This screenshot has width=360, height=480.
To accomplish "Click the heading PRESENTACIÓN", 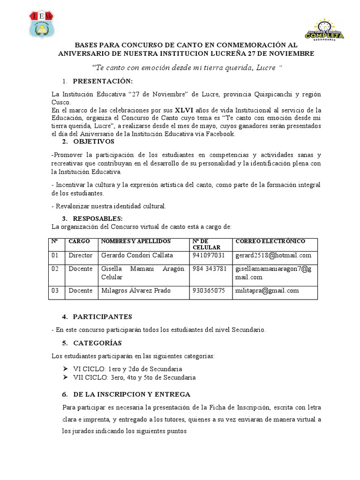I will (103, 81).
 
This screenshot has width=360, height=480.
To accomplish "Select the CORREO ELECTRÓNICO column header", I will (270, 241).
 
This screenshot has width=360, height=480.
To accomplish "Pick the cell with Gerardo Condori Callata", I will (137, 255).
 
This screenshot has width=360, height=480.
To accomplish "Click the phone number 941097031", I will (209, 255).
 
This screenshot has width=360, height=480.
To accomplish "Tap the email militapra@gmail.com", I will (267, 291).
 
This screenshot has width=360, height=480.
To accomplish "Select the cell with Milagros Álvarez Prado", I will (135, 291).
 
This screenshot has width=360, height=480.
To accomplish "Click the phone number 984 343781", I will (210, 269).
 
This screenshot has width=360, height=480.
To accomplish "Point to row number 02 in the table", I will (55, 269).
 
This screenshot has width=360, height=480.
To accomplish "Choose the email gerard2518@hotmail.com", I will (273, 255).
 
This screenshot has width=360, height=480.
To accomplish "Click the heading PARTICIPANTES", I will (103, 317).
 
